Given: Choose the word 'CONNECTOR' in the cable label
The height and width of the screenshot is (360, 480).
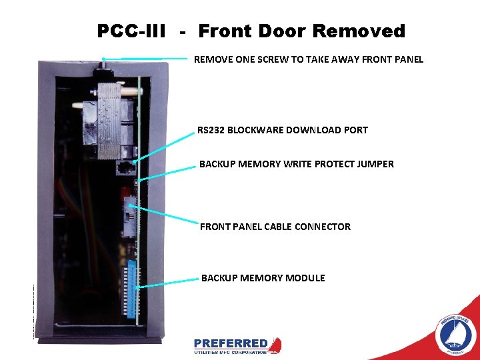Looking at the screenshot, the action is (321, 227).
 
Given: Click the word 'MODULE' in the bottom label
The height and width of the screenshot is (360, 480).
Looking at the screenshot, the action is (305, 278).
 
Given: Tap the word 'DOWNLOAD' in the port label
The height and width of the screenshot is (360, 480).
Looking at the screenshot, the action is (305, 130).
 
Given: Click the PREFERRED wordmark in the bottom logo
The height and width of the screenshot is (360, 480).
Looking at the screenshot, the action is (231, 344).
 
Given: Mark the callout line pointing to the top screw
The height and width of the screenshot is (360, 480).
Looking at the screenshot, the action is (147, 59).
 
